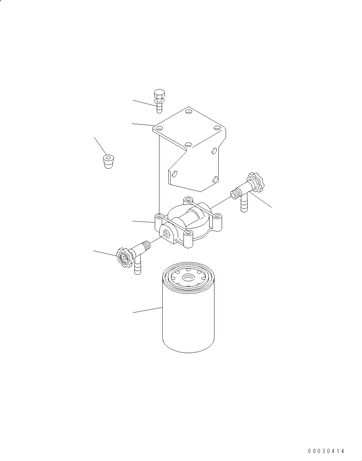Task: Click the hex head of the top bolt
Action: pos(159,93)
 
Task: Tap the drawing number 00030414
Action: pos(326,451)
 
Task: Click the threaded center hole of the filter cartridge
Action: pos(189,278)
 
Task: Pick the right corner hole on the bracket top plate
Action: pos(217,128)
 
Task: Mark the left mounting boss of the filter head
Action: pos(159,216)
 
